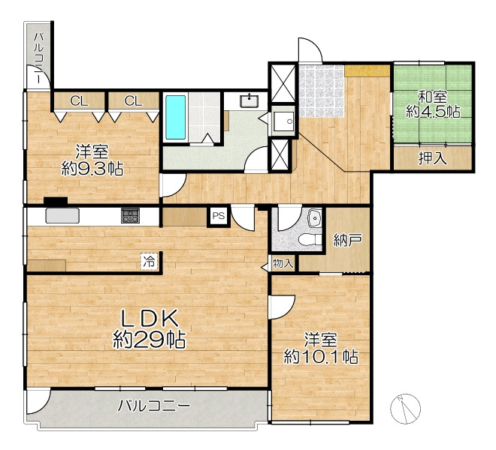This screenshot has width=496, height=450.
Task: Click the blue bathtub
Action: (x=176, y=118)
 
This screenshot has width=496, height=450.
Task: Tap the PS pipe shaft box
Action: (x=218, y=216)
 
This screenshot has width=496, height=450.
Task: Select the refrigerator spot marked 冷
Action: (x=149, y=262)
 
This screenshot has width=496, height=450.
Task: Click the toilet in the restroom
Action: (x=310, y=239)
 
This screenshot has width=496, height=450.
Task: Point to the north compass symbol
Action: (x=405, y=409)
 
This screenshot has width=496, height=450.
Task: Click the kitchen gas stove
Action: (x=130, y=216)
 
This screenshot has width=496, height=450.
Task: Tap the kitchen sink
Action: (x=62, y=215)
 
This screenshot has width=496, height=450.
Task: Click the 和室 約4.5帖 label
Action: (x=433, y=104)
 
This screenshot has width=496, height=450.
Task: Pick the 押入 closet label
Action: (x=432, y=158)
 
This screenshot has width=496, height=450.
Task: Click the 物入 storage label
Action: (x=283, y=263)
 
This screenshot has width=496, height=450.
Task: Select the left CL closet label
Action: (x=79, y=101)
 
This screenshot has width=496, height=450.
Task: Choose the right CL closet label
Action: (x=133, y=101)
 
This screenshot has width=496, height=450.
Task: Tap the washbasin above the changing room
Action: (x=250, y=100)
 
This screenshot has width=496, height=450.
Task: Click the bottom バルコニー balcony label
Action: (x=154, y=406)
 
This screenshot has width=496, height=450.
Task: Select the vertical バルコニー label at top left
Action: (x=39, y=58)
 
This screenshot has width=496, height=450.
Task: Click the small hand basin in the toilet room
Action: (x=315, y=217)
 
